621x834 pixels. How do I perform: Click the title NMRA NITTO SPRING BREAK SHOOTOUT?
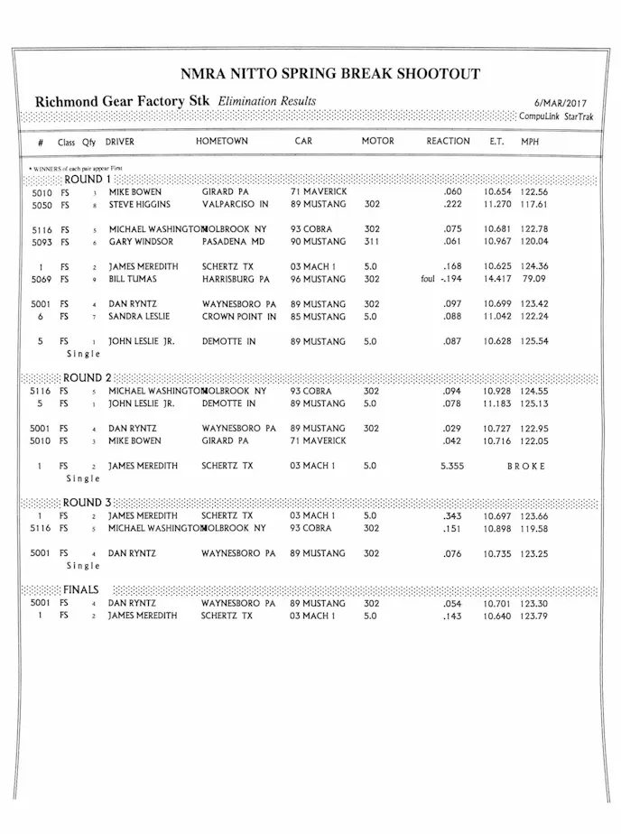329,74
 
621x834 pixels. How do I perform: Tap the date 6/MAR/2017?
560,103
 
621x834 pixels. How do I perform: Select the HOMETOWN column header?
221,142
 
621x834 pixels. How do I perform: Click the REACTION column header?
448,142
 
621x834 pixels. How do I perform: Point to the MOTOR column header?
377,142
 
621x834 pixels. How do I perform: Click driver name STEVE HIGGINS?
140,205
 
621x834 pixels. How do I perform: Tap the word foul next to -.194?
428,280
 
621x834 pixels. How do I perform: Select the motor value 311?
371,242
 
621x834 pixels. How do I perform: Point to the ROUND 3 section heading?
88,503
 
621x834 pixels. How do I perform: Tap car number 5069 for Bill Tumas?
42,280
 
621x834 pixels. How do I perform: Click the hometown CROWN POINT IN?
238,317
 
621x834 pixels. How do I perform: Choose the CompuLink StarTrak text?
555,117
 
